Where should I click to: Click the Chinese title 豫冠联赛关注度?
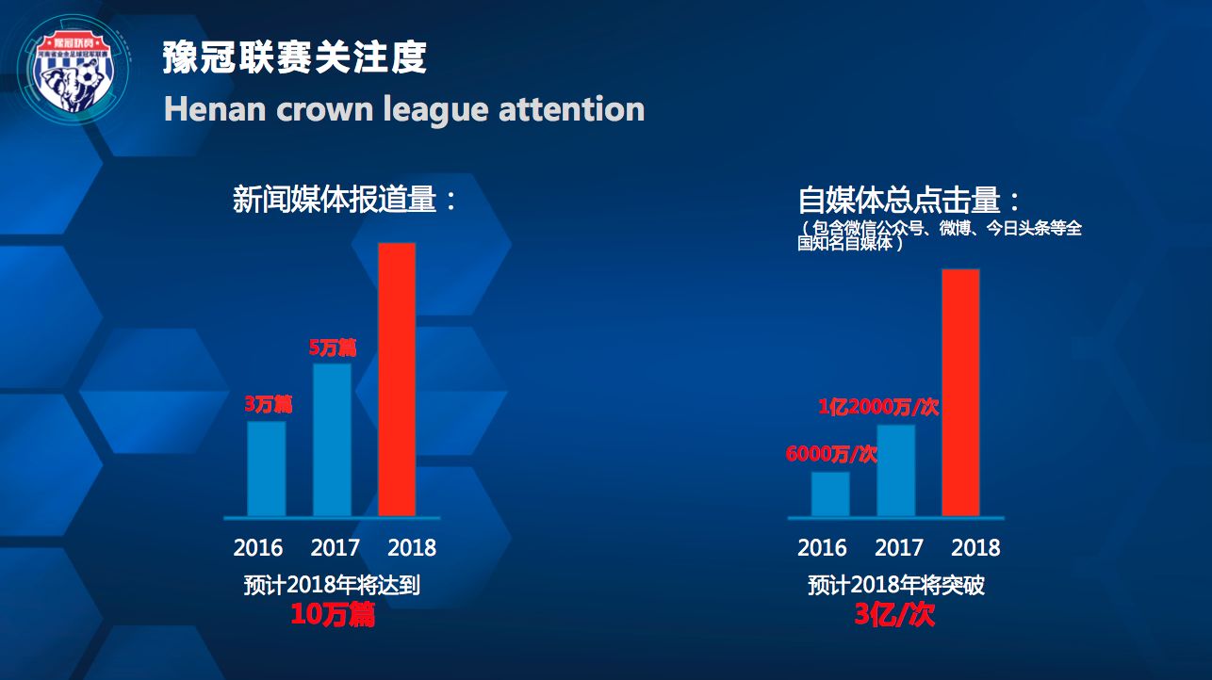[295, 57]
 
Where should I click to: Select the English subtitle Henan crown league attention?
[404, 109]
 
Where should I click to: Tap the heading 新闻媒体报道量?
[345, 200]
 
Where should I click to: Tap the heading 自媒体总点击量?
[909, 201]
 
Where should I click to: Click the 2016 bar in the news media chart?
[267, 468]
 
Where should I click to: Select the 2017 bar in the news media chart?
[332, 440]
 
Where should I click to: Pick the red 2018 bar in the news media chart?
[397, 380]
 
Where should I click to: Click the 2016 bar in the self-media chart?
[830, 494]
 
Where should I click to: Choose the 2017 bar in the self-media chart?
[895, 470]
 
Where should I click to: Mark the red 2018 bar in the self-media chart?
[960, 393]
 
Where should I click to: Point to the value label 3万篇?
[269, 405]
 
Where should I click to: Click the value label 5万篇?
[333, 348]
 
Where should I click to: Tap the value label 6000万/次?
[831, 454]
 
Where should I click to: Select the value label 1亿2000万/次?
[878, 407]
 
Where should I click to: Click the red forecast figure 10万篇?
[332, 615]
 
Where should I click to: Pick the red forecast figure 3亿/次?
[894, 615]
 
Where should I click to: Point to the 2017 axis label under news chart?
[336, 547]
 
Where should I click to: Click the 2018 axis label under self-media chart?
[975, 547]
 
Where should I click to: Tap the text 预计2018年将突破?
[896, 585]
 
